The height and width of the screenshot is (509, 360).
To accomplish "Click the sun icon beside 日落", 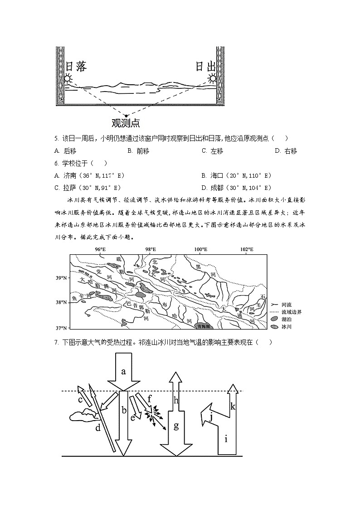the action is point(68,79).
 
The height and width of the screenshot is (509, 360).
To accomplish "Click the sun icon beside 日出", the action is point(213,79).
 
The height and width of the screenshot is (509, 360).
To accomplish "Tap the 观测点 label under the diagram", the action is point(126,123).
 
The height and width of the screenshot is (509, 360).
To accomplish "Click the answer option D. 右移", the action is point(286,151).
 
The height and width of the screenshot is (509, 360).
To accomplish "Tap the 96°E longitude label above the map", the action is point(100,250).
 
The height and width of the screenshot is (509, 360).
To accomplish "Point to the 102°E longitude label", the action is point(247,250).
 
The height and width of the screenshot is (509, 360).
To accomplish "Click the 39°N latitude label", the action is point(62,278).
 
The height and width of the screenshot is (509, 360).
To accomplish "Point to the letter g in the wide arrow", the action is point(176,426).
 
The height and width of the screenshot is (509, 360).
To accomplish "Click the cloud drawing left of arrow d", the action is point(83,414).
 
